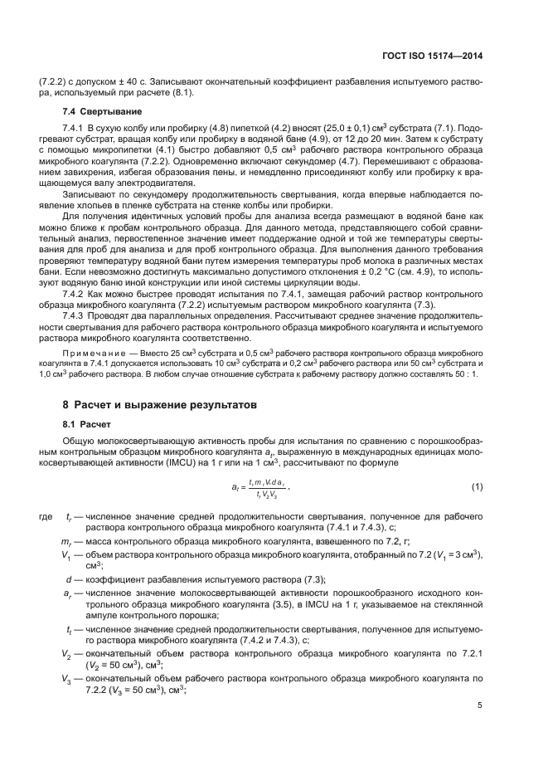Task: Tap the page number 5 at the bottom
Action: pyautogui.click(x=480, y=705)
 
